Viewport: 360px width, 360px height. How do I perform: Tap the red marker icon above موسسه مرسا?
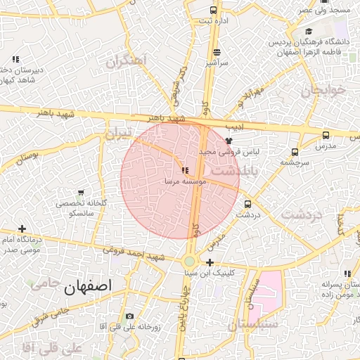pos(184,170)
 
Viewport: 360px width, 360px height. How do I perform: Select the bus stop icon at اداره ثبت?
pos(214,10)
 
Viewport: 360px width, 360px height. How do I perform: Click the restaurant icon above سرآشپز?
pos(216,52)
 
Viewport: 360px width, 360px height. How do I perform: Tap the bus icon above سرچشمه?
pos(295,151)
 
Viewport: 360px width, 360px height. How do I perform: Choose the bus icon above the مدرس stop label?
pos(325,135)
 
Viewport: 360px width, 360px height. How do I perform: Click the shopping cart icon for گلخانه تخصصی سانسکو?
pos(81,193)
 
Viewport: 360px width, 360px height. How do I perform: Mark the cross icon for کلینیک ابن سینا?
pos(210,262)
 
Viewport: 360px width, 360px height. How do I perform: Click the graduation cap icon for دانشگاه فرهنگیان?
pos(309,32)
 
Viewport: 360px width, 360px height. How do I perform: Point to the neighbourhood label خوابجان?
pos(324,91)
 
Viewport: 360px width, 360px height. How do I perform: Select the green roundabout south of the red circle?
pos(190,261)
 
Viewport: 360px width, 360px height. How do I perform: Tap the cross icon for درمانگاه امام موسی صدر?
pos(22,229)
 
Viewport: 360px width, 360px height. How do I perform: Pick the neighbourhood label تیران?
pos(117,132)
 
